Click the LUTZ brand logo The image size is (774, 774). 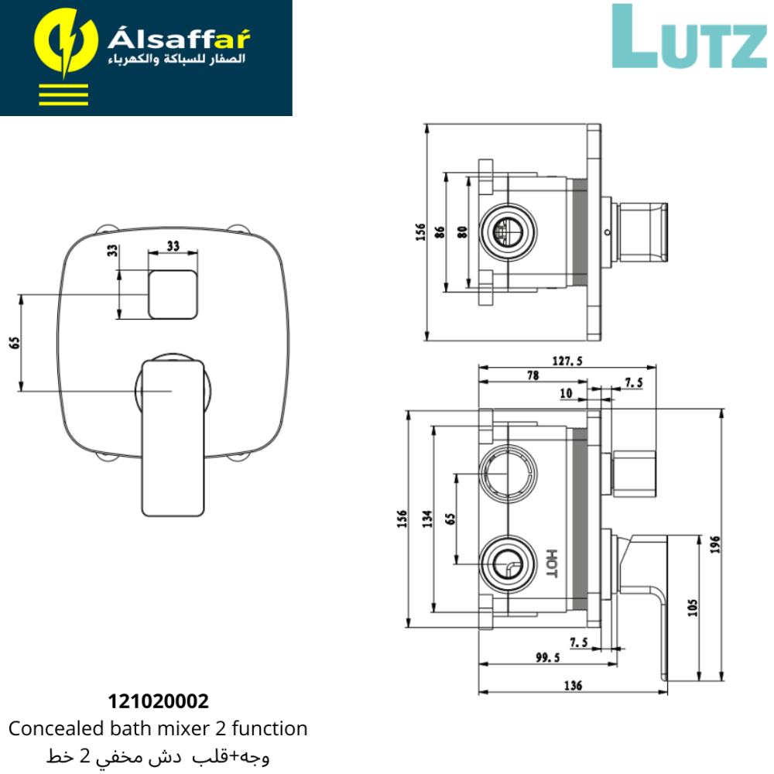(x=689, y=36)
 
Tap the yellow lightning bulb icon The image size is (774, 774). (x=65, y=42)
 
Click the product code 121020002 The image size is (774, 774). (x=159, y=701)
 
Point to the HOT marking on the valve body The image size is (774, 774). (x=552, y=563)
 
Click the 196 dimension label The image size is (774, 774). (x=715, y=544)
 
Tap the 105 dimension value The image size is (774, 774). (x=693, y=608)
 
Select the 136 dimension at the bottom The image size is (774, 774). (x=573, y=685)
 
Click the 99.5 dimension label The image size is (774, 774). (x=548, y=657)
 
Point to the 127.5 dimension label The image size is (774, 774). (x=567, y=361)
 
